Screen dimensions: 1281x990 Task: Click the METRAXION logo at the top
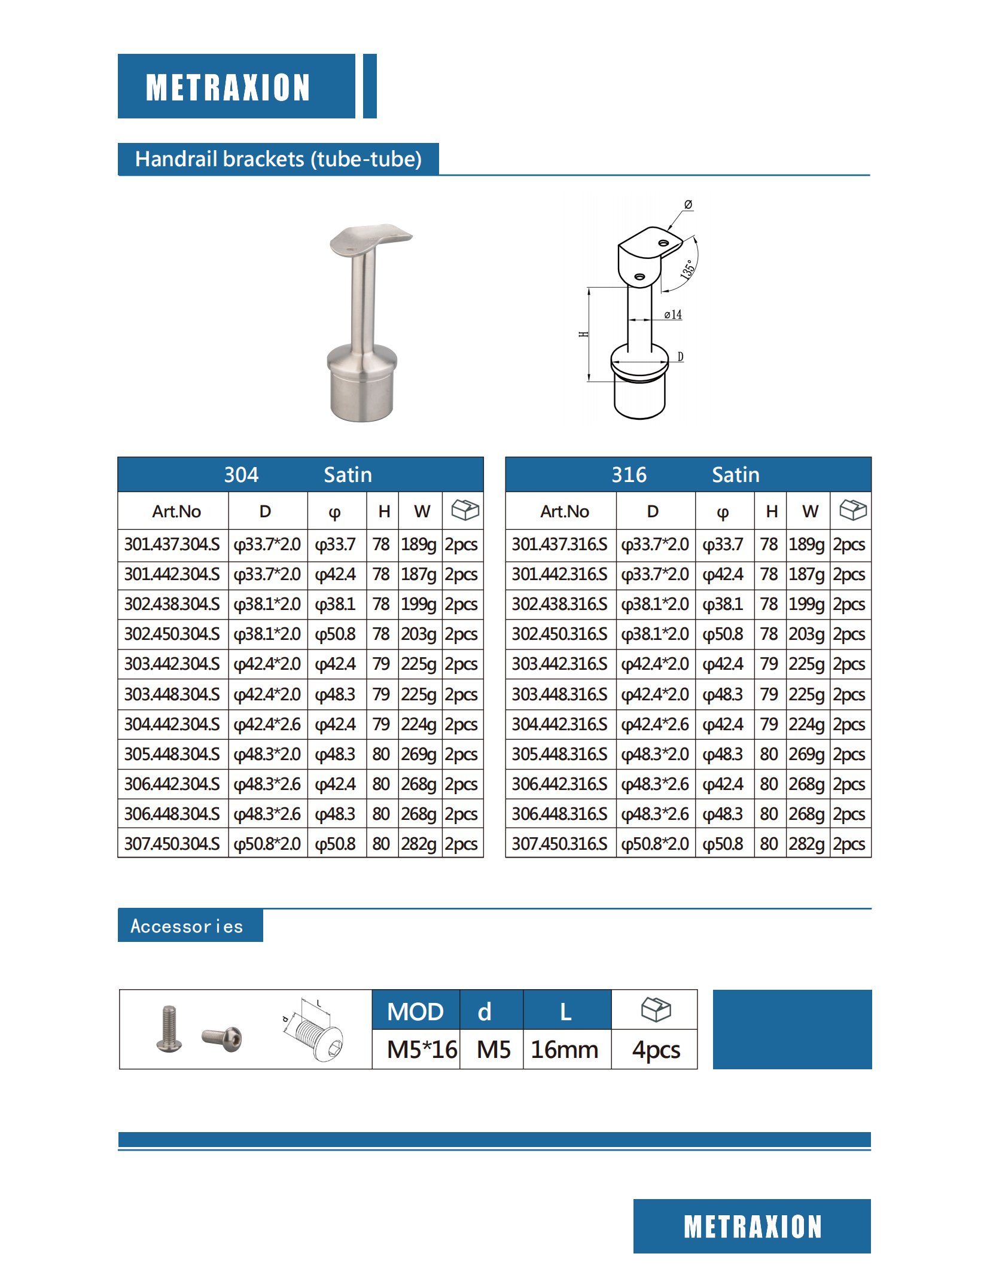coord(228,87)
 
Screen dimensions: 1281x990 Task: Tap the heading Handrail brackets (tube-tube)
coord(278,159)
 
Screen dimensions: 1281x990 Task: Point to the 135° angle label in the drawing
coord(688,270)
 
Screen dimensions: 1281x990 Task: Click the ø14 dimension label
coord(673,315)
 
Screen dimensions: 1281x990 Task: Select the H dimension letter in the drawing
coord(583,334)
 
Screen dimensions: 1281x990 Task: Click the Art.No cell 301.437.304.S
coord(172,544)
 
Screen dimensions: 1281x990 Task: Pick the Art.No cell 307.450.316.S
coord(560,844)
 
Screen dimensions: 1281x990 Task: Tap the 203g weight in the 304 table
coord(419,634)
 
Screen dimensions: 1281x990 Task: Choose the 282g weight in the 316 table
coord(806,844)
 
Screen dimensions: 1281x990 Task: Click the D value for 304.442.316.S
coord(655,724)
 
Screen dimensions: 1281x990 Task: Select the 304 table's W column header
coord(422,511)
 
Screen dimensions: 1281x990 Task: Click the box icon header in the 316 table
coord(852,510)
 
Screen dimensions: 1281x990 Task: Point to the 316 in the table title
coord(629,475)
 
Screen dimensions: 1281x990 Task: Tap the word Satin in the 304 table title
coord(348,475)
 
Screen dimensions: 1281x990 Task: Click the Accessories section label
coord(187,926)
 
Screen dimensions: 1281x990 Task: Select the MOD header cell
coord(415,1012)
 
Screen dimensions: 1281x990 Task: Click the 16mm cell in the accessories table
coord(565,1050)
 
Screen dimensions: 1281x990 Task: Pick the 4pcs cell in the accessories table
coord(656,1050)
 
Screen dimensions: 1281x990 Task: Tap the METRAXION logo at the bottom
coord(752,1227)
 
